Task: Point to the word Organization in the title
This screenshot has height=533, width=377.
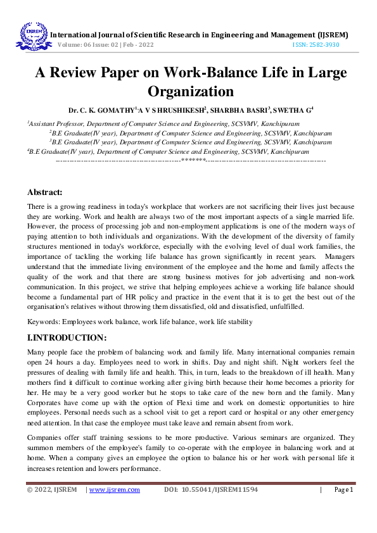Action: coord(188,91)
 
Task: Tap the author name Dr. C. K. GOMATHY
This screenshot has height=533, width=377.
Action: coord(101,110)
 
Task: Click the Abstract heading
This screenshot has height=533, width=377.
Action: coord(44,192)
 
